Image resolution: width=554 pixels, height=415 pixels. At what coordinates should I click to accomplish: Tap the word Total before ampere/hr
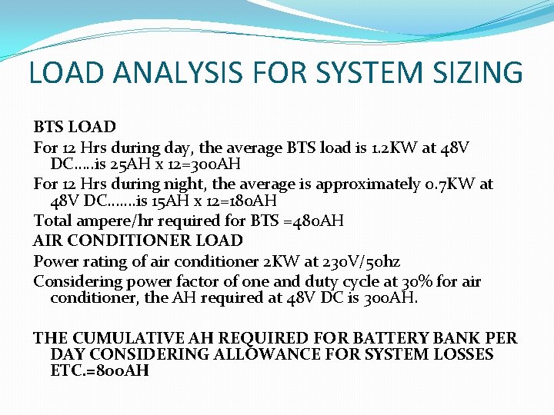point(52,221)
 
